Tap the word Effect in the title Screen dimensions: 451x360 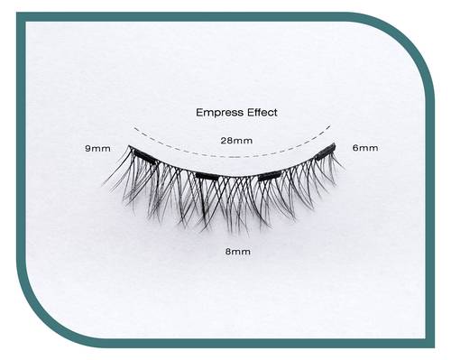262,113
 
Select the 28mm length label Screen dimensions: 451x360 236,141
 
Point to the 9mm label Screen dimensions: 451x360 97,148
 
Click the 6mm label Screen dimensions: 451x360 365,148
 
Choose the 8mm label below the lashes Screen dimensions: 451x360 238,252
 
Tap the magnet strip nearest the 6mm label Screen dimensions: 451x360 326,152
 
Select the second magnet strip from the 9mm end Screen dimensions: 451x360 207,176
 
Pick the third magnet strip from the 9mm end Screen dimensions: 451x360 270,175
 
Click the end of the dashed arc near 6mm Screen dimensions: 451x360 330,126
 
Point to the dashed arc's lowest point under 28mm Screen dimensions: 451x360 233,157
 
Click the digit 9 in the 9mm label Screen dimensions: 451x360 87,148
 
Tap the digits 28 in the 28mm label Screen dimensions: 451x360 226,141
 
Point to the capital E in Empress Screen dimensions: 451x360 199,113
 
